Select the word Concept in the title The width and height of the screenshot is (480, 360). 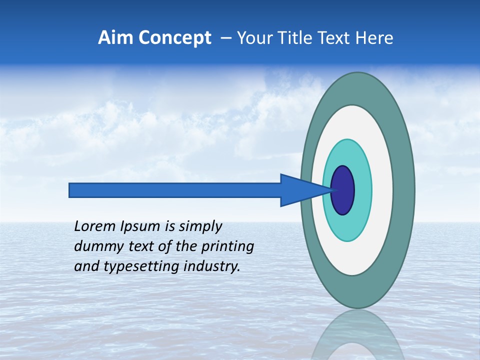tap(175, 38)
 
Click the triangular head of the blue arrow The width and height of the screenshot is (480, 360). tap(300, 190)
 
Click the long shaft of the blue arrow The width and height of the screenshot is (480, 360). tap(175, 190)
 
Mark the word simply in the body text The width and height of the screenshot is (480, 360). tap(200, 227)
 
